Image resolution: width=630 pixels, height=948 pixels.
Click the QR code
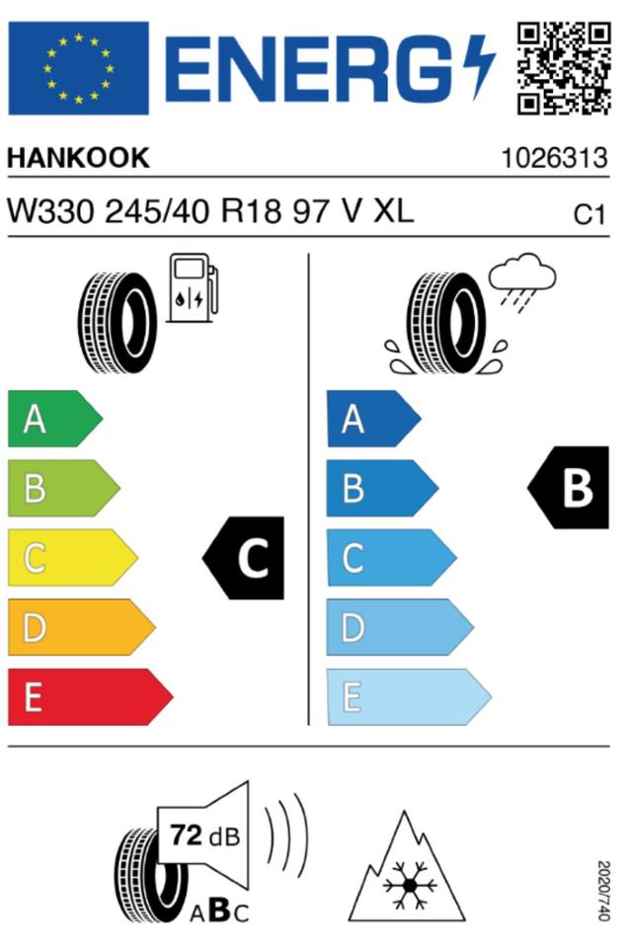[564, 68]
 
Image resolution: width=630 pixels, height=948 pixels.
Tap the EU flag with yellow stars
[79, 68]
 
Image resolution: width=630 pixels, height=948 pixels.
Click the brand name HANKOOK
[78, 158]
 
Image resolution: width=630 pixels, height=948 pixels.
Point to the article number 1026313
[554, 158]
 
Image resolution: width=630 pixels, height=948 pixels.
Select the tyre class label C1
[589, 214]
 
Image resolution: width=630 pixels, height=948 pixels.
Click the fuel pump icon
[193, 287]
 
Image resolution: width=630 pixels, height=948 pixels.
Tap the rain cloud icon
[522, 281]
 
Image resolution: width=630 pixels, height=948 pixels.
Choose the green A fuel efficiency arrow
[55, 419]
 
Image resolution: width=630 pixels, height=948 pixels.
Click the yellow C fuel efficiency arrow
[72, 557]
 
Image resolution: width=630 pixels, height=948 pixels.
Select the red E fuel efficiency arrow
[91, 696]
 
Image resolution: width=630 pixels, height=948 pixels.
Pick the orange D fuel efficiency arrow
[82, 627]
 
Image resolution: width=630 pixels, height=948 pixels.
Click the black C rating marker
[244, 557]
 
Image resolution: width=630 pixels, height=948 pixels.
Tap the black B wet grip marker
[569, 488]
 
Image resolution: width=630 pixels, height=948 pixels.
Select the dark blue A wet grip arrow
[373, 419]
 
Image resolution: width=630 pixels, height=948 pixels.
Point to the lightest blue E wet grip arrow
[410, 696]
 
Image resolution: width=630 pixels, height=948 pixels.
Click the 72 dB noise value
[204, 835]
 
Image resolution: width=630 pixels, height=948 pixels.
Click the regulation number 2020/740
[602, 891]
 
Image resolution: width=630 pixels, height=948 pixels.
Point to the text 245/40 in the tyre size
[157, 212]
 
